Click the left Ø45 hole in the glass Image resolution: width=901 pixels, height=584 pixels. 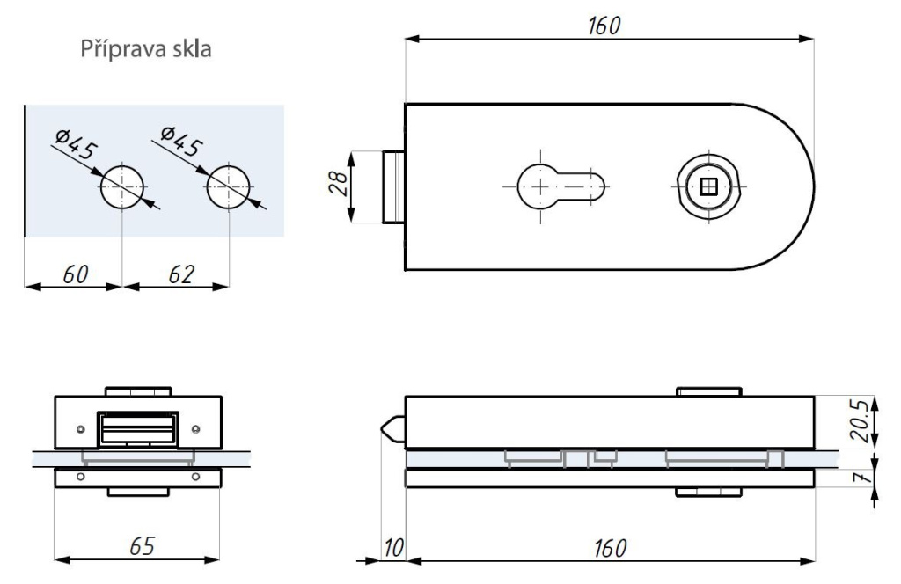pyautogui.click(x=121, y=187)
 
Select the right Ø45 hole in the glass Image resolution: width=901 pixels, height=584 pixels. pyautogui.click(x=229, y=187)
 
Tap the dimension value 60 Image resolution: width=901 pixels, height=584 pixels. pyautogui.click(x=75, y=274)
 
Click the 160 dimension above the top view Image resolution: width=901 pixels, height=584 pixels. pyautogui.click(x=605, y=26)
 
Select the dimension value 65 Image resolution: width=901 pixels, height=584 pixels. pyautogui.click(x=139, y=545)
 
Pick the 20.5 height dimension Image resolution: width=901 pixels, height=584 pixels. pyautogui.click(x=867, y=421)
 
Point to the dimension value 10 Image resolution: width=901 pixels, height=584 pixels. pyautogui.click(x=392, y=548)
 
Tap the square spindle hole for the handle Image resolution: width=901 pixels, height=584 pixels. pyautogui.click(x=707, y=186)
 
